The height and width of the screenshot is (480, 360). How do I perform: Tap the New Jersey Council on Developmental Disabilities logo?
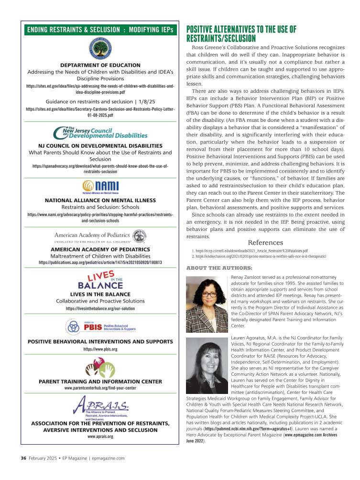pos(100,132)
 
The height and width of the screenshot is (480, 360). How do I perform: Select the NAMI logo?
pos(100,186)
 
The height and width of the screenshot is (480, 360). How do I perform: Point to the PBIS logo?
pos(100,327)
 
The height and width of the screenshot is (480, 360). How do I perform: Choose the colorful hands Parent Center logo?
pos(100,369)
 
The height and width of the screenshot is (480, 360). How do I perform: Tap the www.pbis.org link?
pos(100,349)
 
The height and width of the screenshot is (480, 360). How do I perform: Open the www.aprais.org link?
pos(100,436)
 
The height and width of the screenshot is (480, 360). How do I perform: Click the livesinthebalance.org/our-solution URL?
pos(100,309)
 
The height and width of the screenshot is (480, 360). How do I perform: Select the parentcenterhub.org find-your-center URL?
pos(100,388)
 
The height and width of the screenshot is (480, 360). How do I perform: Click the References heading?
pos(265,242)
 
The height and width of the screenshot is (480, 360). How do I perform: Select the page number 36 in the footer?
pos(23,458)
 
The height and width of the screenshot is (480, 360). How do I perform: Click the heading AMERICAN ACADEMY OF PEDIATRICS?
pos(100,250)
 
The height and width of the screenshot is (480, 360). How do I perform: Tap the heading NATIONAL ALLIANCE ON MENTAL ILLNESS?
pos(100,200)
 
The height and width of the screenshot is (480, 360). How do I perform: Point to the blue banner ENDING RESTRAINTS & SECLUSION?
pos(100,30)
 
